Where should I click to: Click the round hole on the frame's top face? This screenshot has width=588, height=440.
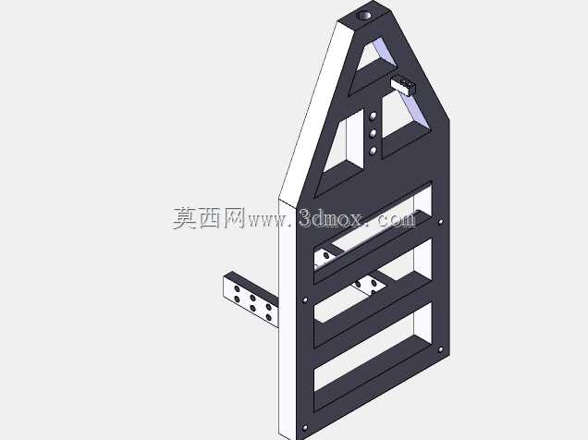[363, 16]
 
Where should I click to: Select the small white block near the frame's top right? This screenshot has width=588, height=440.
[403, 85]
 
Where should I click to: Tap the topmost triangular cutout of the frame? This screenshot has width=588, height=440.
[377, 55]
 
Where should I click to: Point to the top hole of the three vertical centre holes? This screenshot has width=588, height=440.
[373, 116]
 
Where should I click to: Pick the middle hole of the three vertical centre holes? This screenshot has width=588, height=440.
[373, 133]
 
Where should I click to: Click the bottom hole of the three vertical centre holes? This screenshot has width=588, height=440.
[373, 151]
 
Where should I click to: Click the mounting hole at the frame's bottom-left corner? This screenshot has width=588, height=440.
[305, 428]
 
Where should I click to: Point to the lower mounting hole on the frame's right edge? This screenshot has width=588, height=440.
[440, 350]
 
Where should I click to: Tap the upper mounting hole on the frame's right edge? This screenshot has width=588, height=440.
[440, 222]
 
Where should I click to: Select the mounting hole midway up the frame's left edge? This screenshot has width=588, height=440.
[305, 299]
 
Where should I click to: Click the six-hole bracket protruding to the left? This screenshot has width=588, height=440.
[251, 299]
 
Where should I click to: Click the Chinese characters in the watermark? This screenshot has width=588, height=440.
[209, 218]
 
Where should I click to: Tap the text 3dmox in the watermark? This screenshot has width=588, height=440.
[331, 218]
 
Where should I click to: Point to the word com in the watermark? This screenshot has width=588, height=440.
[398, 219]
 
